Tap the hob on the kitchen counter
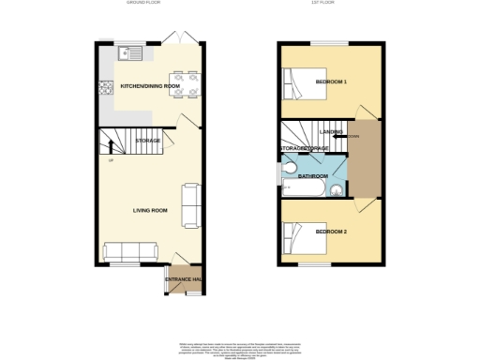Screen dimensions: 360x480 (x=105, y=89)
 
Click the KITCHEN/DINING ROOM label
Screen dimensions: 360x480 (x=150, y=86)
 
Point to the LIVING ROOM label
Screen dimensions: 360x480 (x=150, y=210)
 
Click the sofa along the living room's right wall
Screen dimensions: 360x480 (x=189, y=204)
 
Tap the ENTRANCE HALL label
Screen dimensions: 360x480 (x=185, y=279)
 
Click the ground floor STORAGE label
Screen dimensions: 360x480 (x=148, y=141)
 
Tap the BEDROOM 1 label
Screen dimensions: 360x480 (x=331, y=82)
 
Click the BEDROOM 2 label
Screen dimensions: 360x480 (x=331, y=231)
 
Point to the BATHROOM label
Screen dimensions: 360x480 (x=313, y=176)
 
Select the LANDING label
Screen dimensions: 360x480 (x=331, y=132)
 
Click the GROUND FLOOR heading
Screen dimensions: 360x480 (x=142, y=4)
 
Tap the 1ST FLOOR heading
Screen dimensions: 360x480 (x=323, y=4)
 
